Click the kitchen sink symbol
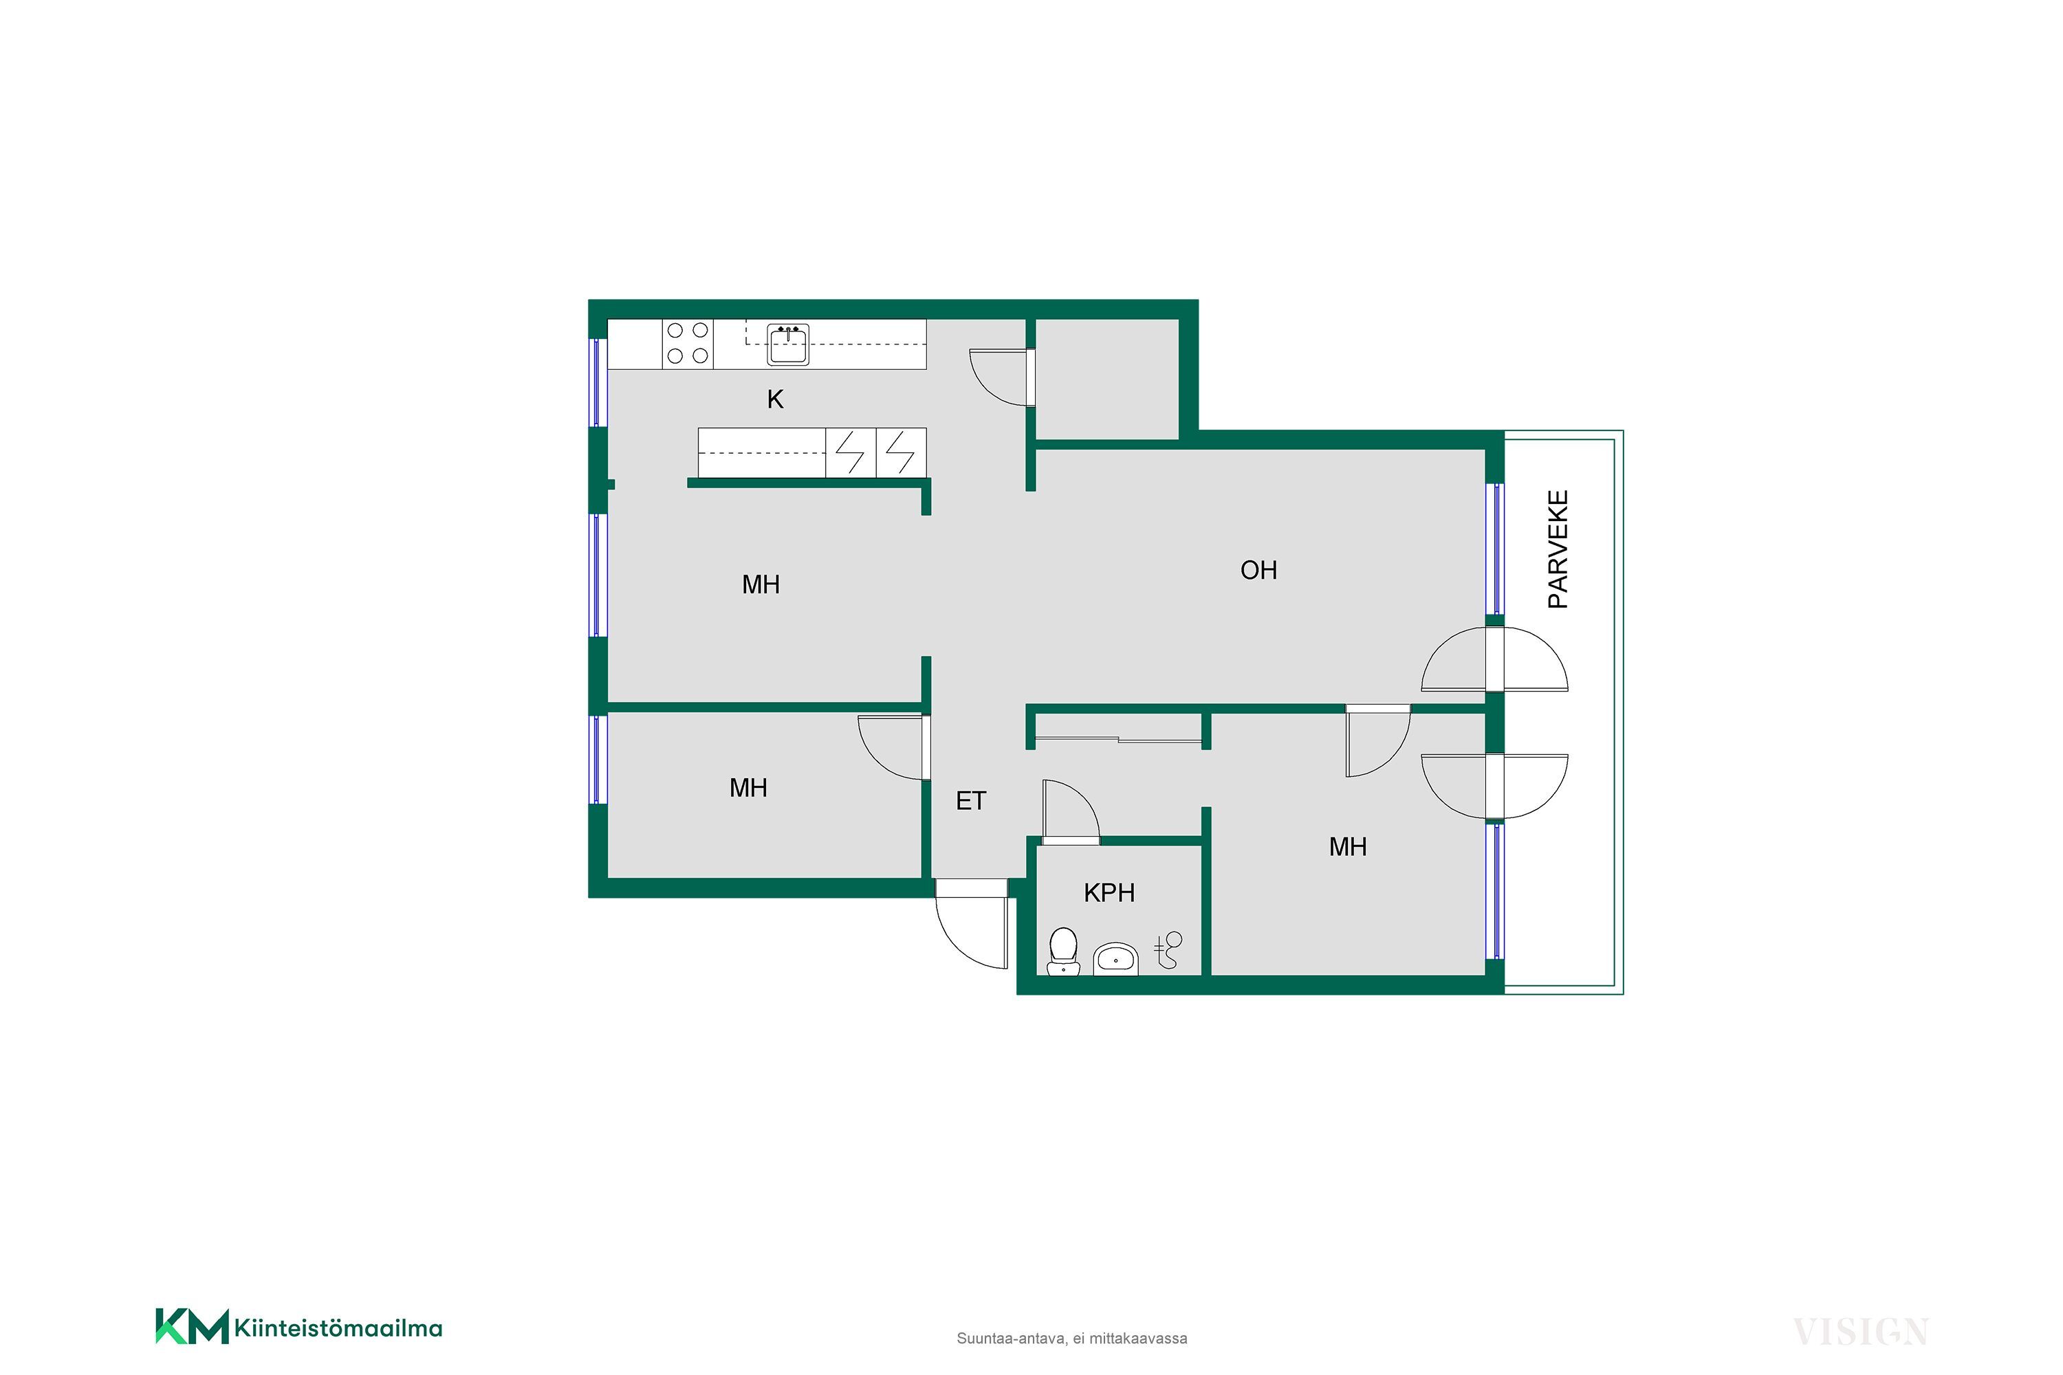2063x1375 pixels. click(787, 344)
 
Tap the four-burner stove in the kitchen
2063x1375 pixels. click(688, 344)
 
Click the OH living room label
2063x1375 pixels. click(1258, 571)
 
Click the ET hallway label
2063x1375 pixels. click(971, 802)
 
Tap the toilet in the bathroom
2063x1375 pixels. click(1063, 951)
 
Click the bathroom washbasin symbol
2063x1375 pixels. click(1115, 958)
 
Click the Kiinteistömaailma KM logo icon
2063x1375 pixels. click(192, 1327)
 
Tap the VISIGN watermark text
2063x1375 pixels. click(1860, 1332)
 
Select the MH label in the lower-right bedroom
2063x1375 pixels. click(1348, 847)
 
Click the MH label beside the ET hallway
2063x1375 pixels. click(748, 789)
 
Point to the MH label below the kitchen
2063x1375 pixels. click(761, 585)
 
